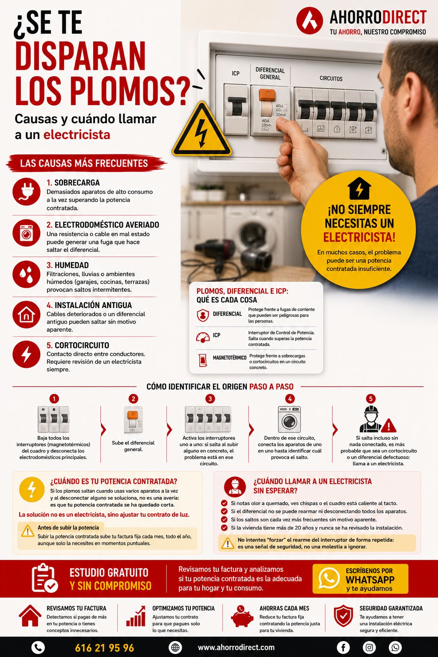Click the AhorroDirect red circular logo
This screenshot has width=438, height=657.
pyautogui.click(x=310, y=21)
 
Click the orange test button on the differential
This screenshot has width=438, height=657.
pyautogui.click(x=267, y=95)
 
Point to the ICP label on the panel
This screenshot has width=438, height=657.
pyautogui.click(x=236, y=73)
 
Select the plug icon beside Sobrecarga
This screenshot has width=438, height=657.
pyautogui.click(x=27, y=192)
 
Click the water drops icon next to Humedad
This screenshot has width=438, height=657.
pyautogui.click(x=27, y=274)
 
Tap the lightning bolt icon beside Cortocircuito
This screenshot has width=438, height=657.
pyautogui.click(x=27, y=354)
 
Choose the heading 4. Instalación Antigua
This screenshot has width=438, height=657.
pyautogui.click(x=89, y=305)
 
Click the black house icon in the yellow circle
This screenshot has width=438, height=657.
pyautogui.click(x=359, y=188)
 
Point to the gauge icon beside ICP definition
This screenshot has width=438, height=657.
pyautogui.click(x=203, y=337)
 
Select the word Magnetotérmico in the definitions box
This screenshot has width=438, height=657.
pyautogui.click(x=229, y=358)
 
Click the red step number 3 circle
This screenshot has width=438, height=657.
pyautogui.click(x=210, y=399)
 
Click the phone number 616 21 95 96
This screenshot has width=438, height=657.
pyautogui.click(x=104, y=648)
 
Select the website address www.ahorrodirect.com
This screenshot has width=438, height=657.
pyautogui.click(x=236, y=647)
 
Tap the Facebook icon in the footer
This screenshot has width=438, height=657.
pyautogui.click(x=343, y=647)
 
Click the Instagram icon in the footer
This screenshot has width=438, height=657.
pyautogui.click(x=369, y=647)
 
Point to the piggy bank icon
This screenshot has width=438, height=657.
pyautogui.click(x=242, y=616)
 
